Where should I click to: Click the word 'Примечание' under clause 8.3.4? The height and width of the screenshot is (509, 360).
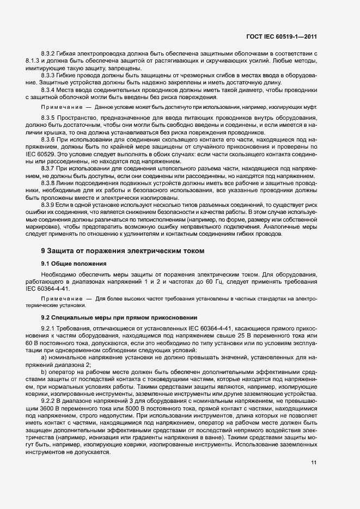[60, 107]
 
